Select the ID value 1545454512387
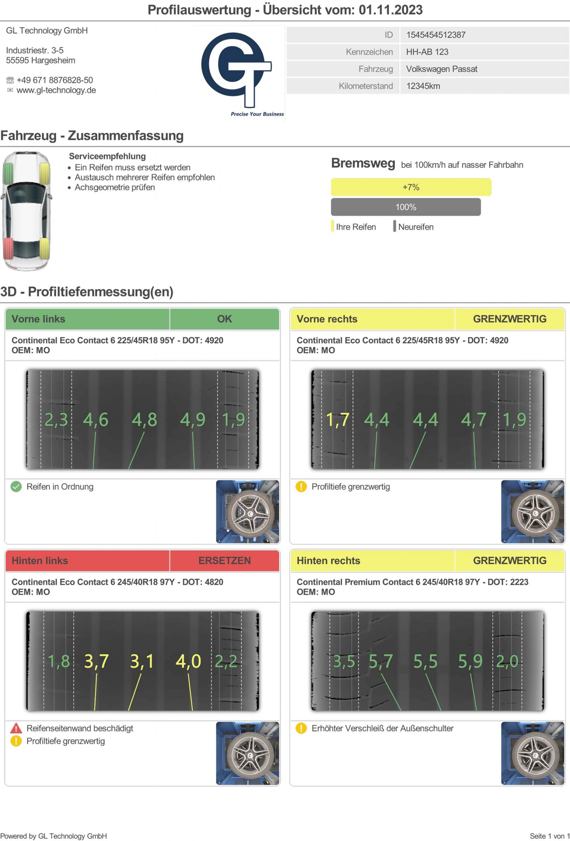pyautogui.click(x=435, y=35)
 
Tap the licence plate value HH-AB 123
pyautogui.click(x=427, y=52)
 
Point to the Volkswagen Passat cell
pyautogui.click(x=441, y=69)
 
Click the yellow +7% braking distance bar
pyautogui.click(x=411, y=187)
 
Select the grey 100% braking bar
pyautogui.click(x=406, y=207)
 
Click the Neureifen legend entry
pyautogui.click(x=415, y=227)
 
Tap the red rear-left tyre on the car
pyautogui.click(x=8, y=248)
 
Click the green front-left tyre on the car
pyautogui.click(x=8, y=173)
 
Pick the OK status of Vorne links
pyautogui.click(x=224, y=319)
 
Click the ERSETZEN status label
pyautogui.click(x=224, y=560)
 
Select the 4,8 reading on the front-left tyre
pyautogui.click(x=144, y=420)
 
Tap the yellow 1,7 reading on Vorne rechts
pyautogui.click(x=337, y=420)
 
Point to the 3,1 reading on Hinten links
pyautogui.click(x=142, y=661)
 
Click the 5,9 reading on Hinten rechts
pyautogui.click(x=470, y=661)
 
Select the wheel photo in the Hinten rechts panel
pyautogui.click(x=532, y=753)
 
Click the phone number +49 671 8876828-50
pyautogui.click(x=54, y=80)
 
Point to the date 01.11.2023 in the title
pyautogui.click(x=391, y=10)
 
